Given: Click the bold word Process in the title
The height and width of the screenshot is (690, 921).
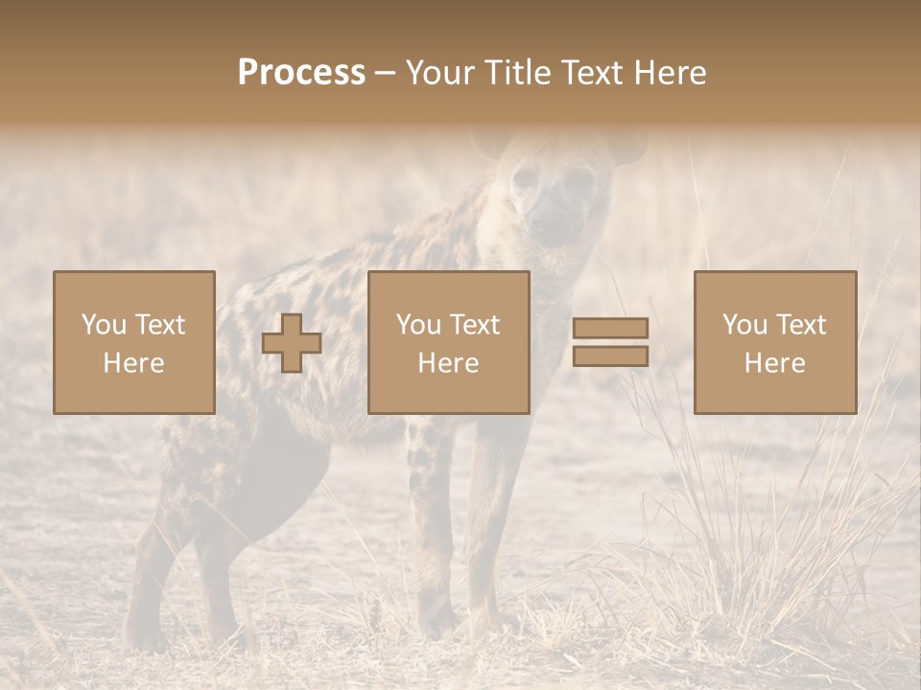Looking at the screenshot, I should (x=301, y=73).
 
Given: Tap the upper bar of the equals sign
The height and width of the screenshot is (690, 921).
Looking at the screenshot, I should (x=610, y=328).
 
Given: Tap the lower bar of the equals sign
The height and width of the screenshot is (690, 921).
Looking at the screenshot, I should (x=610, y=356).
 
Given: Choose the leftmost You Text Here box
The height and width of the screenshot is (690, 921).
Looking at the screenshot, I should (x=134, y=342).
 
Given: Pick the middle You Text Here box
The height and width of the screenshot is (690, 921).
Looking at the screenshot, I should (x=449, y=342).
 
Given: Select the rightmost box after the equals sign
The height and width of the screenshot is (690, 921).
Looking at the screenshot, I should (x=775, y=342).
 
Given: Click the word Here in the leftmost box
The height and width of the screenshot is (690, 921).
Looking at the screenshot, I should (x=134, y=363).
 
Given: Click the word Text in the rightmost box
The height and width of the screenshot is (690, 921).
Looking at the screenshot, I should (x=800, y=325).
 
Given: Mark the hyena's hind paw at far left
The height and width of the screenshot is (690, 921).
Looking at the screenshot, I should (x=144, y=632).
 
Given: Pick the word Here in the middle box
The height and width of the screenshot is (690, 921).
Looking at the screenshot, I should (x=449, y=363).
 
